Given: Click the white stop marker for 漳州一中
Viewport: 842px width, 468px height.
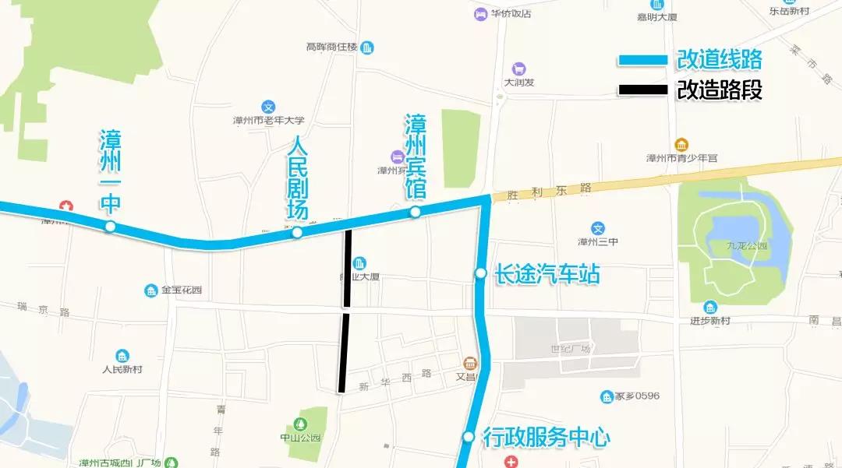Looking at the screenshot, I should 111,227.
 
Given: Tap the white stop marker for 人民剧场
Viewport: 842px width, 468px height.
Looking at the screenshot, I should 297,232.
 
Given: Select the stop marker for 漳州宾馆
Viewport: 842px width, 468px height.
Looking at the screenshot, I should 416,212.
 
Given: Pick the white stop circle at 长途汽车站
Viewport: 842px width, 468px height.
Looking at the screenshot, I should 481,273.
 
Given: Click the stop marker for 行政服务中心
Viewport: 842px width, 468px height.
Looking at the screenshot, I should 469,437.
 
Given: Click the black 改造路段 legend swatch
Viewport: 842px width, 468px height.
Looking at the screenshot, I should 643,90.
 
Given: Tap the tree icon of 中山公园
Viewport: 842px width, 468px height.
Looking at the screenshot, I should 300,424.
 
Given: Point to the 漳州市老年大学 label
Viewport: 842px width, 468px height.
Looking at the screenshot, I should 268,121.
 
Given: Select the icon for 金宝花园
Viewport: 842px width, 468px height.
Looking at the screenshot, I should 151,290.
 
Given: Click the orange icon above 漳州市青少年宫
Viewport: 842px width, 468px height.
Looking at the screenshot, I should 681,145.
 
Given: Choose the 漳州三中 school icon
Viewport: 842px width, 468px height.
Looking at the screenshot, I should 598,228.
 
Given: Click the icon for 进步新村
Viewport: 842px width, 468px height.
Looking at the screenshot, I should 709,308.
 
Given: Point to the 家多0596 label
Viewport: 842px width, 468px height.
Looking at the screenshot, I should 636,396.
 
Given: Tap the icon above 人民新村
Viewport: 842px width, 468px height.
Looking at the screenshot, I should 122,356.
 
